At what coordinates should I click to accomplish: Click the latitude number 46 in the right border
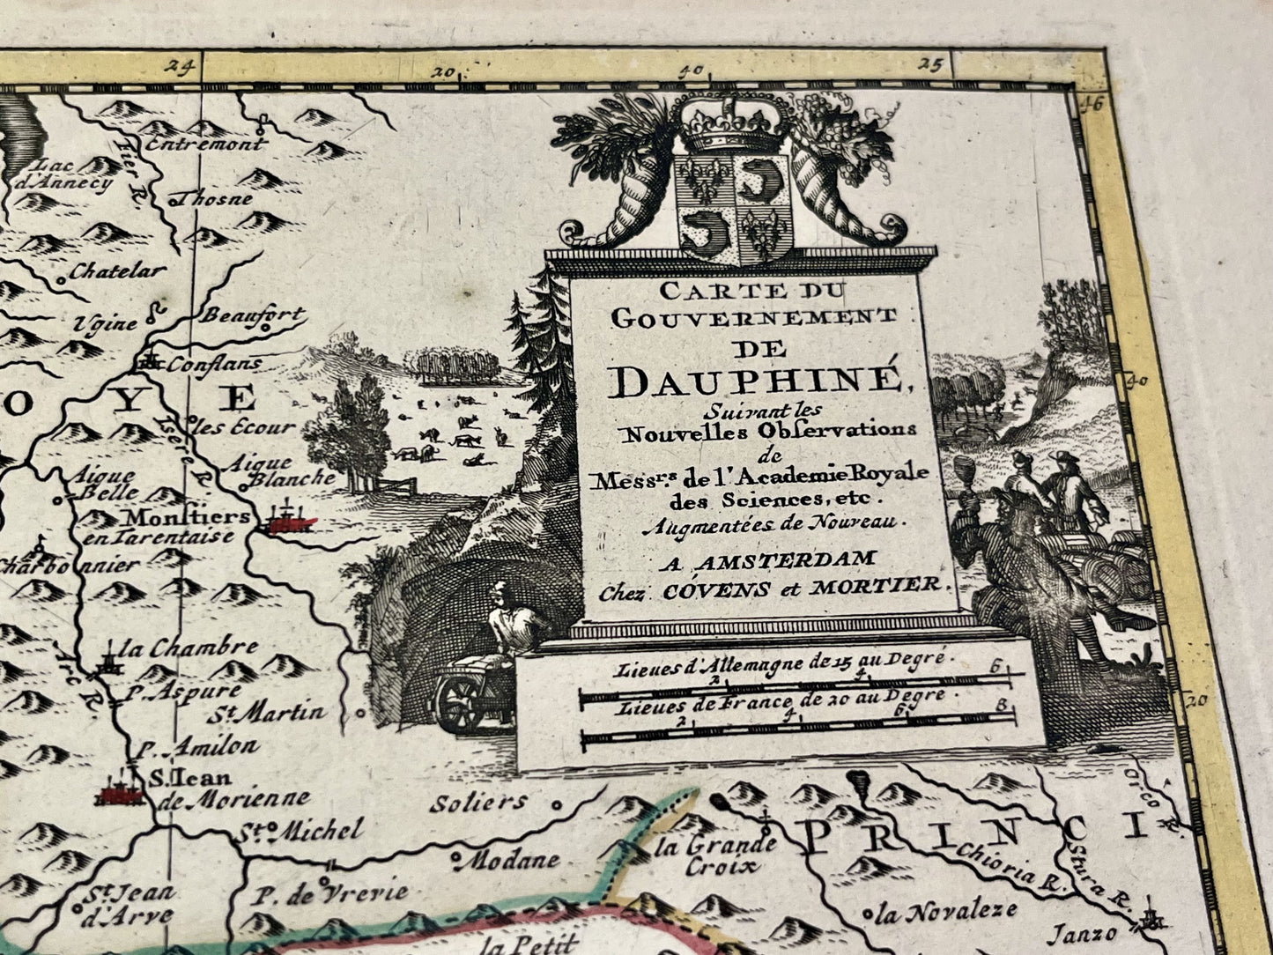coord(1092,103)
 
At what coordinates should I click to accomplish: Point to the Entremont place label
coord(205,145)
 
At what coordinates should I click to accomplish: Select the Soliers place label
coord(479,803)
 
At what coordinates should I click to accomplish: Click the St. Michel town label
coord(300,830)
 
